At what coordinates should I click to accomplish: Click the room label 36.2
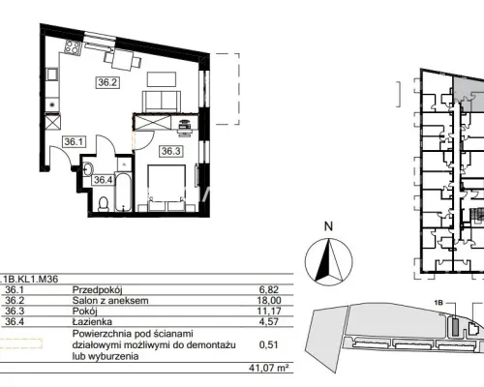[x=107, y=82]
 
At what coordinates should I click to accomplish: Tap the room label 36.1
[x=74, y=141]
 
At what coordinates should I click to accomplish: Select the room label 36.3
[x=171, y=151]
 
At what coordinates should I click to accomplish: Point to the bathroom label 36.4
[x=104, y=180]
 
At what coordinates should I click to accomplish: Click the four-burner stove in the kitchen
[x=73, y=47]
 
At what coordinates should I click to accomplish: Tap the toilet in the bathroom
[x=104, y=204]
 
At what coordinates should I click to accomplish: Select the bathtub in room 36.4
[x=123, y=193]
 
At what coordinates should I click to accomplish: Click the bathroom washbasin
[x=88, y=168]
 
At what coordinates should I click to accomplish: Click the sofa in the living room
[x=161, y=101]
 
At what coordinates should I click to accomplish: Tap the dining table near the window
[x=122, y=60]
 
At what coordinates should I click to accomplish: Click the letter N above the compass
[x=328, y=226]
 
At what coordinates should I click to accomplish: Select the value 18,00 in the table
[x=269, y=301]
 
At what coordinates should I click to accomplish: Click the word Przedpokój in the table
[x=98, y=290]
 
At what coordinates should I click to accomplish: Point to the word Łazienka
[x=92, y=321]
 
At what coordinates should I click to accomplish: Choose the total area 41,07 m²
[x=268, y=368]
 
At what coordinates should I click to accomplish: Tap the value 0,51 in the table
[x=269, y=344]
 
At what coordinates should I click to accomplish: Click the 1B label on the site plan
[x=439, y=303]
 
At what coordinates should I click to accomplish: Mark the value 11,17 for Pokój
[x=269, y=312]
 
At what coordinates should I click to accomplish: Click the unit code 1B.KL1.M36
[x=29, y=279]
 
